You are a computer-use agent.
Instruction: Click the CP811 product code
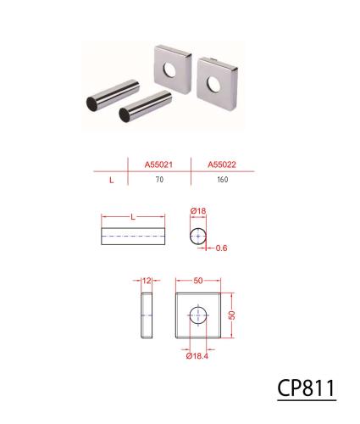click(307, 388)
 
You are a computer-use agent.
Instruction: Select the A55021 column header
click(158, 165)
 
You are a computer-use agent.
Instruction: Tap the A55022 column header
click(222, 165)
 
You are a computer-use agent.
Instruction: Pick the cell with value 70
click(159, 180)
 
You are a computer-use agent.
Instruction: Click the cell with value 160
click(223, 180)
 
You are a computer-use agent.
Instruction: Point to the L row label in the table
click(111, 180)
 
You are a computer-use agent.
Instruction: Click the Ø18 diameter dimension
click(198, 211)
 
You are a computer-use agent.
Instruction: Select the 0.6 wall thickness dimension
click(221, 248)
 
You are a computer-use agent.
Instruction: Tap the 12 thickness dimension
click(147, 281)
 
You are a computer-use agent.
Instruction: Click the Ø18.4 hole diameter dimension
click(197, 356)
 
